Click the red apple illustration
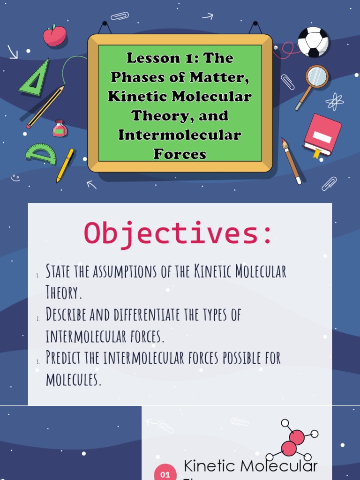point(54,36)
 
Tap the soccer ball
point(313,42)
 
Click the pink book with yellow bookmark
point(322,135)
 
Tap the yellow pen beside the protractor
point(65,165)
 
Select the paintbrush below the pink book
point(291,161)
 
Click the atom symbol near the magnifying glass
point(334,101)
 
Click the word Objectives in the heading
point(178,233)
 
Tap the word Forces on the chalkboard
point(180,153)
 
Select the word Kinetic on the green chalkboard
point(130,97)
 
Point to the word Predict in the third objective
point(63,358)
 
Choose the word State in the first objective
point(58,271)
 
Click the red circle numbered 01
point(165,472)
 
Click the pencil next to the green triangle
point(45,107)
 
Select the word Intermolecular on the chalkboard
point(180,135)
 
